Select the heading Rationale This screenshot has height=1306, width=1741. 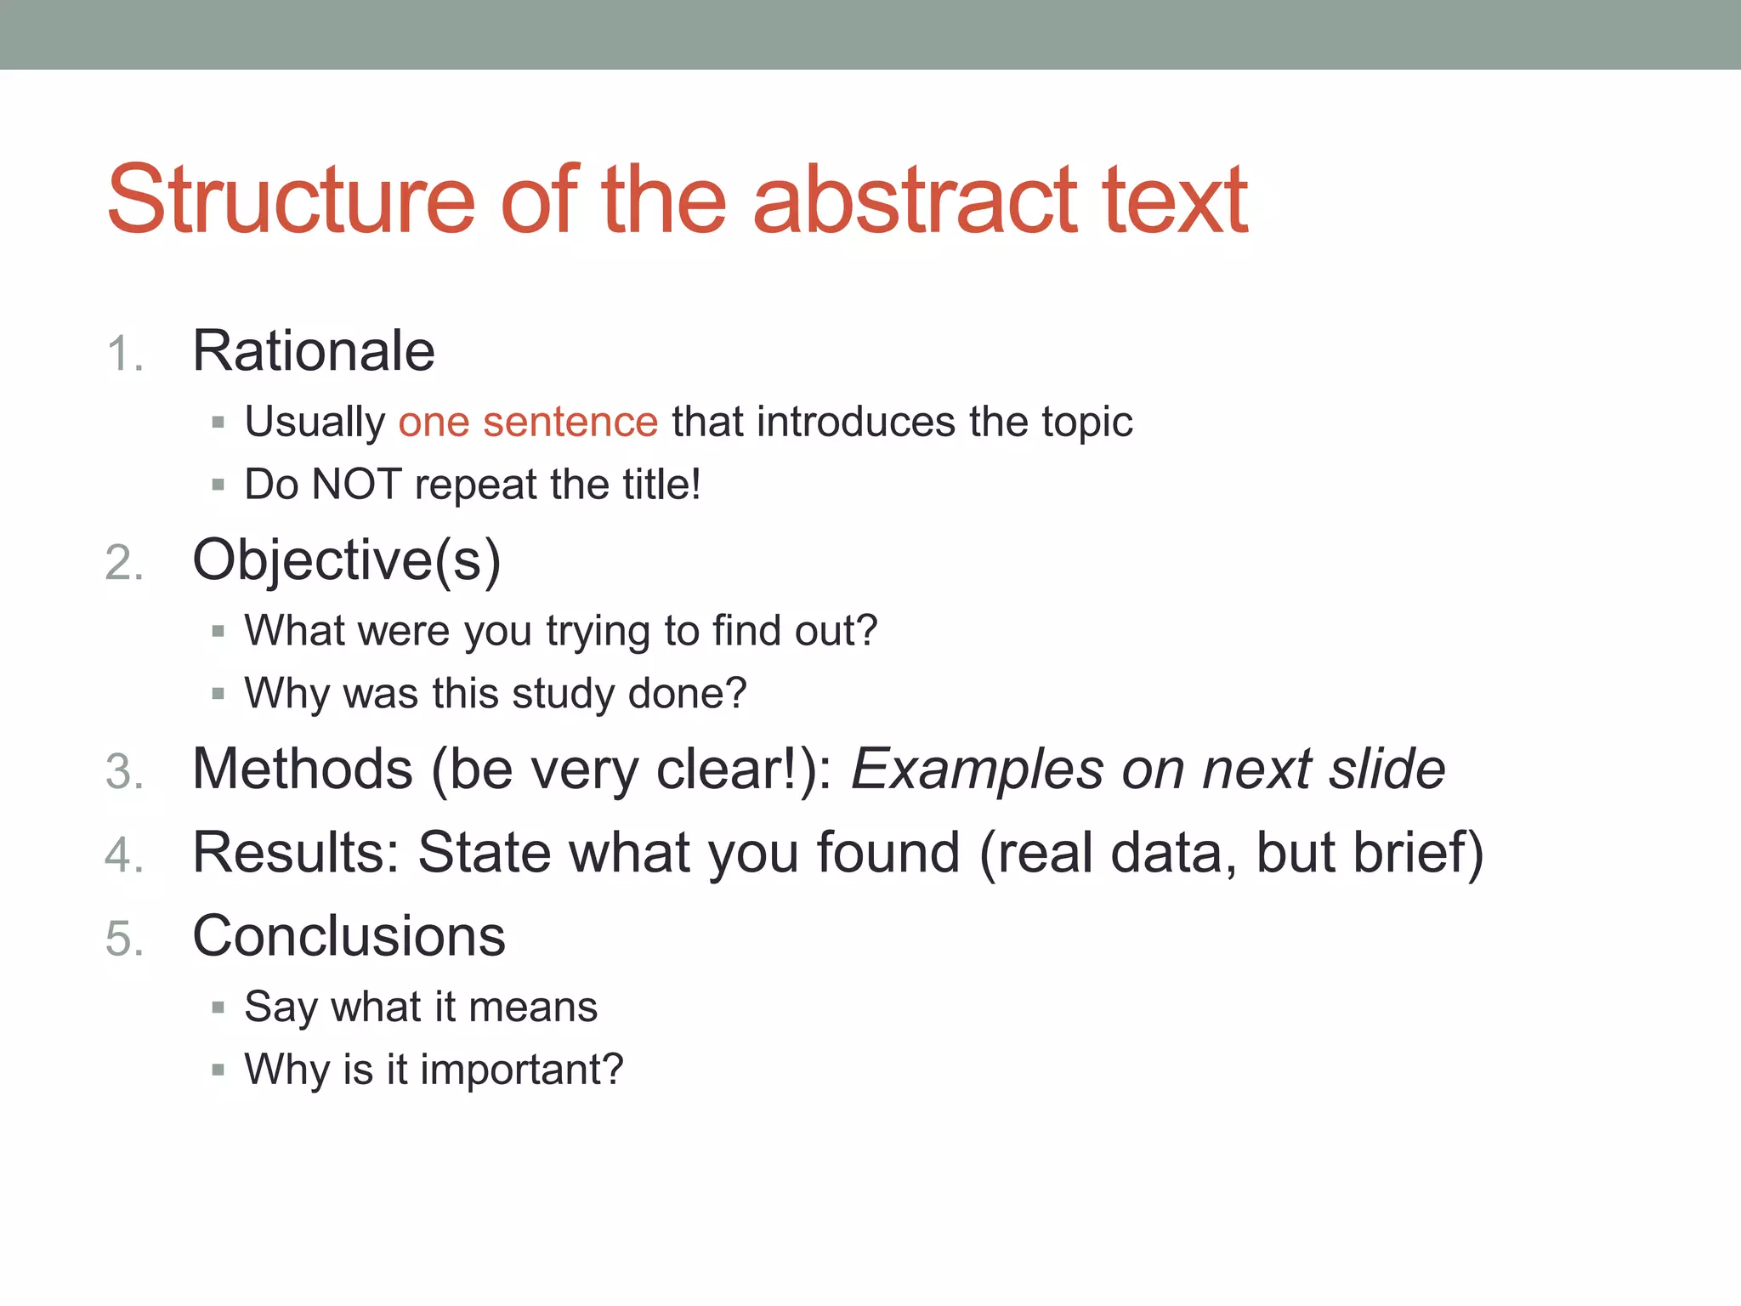point(314,351)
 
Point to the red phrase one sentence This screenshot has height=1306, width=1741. point(528,423)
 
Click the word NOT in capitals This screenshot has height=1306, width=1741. point(356,485)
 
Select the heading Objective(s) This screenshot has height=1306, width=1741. point(347,561)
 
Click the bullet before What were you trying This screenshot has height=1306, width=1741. point(218,632)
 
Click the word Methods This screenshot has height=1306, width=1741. point(303,769)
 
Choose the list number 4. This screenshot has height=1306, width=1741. point(124,855)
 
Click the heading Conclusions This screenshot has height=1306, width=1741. point(349,937)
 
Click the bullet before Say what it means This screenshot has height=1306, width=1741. point(218,1008)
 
